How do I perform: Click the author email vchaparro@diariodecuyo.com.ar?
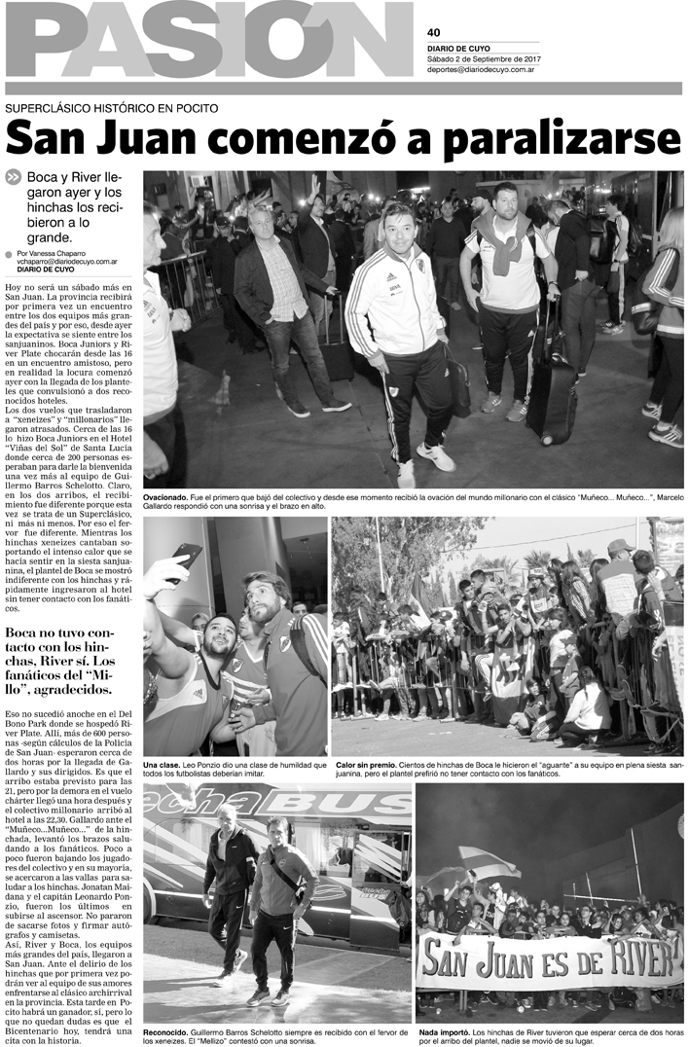coord(67,262)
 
